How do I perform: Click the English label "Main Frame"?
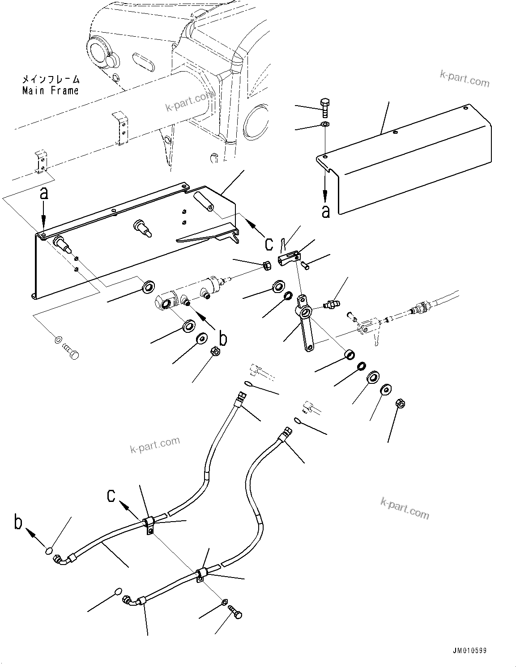51,91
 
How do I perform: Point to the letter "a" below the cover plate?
326,211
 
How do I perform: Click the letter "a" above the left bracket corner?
43,193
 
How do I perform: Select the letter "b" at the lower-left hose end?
18,523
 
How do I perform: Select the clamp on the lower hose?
200,574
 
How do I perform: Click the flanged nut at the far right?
401,404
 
